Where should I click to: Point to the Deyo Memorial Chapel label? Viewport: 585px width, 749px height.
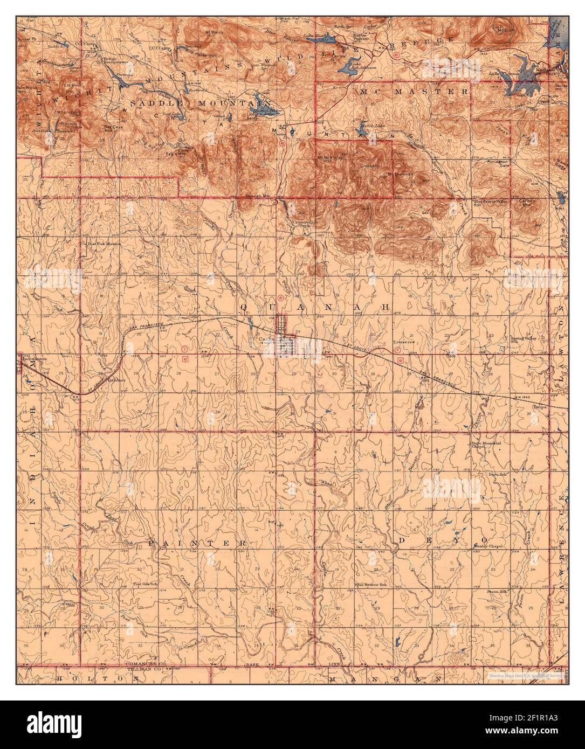click(x=484, y=445)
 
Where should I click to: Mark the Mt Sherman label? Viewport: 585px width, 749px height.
click(x=400, y=175)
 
